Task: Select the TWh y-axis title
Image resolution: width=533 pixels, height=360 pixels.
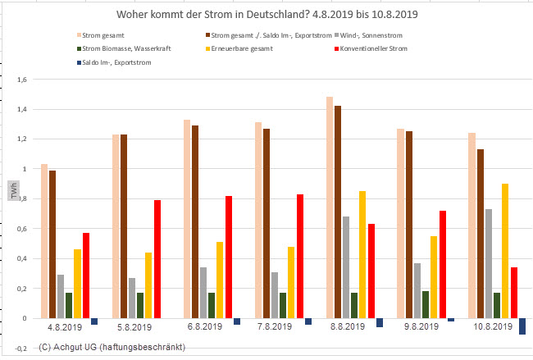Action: (x=13, y=192)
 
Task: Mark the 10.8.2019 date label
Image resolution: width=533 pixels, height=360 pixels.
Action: (x=490, y=326)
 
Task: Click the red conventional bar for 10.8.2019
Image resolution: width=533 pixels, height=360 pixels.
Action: (x=514, y=292)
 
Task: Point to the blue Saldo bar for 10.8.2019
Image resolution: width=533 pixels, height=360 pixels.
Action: (x=522, y=326)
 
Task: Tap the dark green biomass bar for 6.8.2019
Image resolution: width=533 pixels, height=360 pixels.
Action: (x=212, y=305)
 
